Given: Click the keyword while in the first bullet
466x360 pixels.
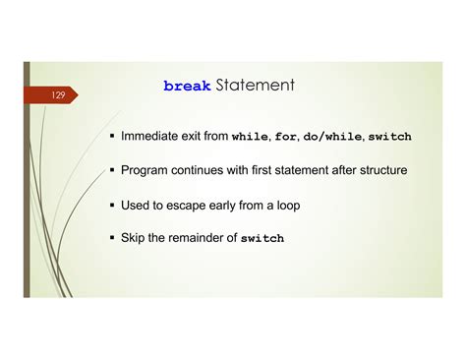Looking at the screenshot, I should pyautogui.click(x=249, y=137).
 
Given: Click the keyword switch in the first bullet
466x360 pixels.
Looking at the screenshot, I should pyautogui.click(x=389, y=137).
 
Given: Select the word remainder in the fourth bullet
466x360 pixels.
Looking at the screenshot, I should pyautogui.click(x=204, y=238).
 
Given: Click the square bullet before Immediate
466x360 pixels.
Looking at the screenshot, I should pyautogui.click(x=113, y=137).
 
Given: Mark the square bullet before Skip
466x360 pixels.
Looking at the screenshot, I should pyautogui.click(x=113, y=238).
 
